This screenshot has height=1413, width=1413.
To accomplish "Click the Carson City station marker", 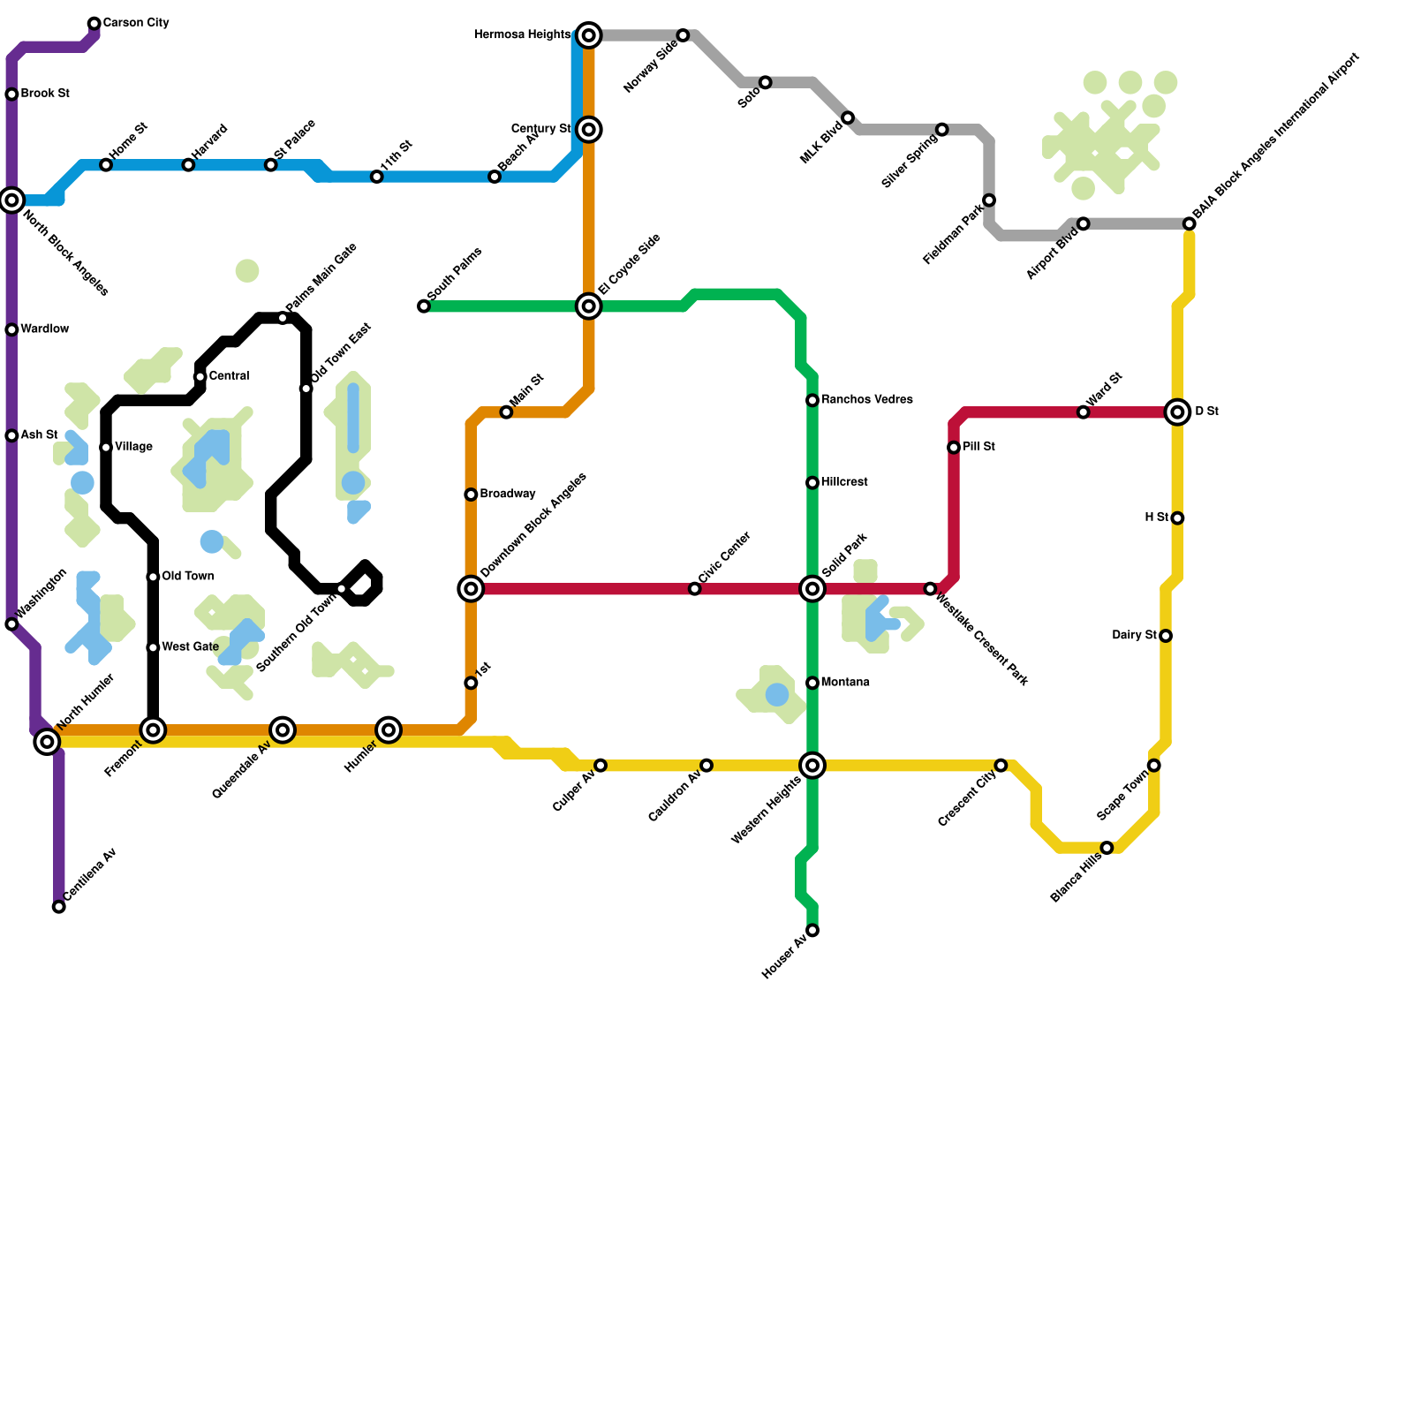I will click(x=94, y=24).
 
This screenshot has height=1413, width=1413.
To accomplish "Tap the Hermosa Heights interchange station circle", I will click(x=589, y=35).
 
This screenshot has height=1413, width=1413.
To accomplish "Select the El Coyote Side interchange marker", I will click(x=589, y=306).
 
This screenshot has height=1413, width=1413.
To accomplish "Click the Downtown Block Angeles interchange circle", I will click(x=472, y=588).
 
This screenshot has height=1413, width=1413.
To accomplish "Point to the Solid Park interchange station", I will click(x=812, y=588).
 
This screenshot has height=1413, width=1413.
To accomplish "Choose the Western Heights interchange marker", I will click(x=812, y=765).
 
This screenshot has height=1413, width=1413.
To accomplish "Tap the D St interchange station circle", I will click(x=1177, y=412).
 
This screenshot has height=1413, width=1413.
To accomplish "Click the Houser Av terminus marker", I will click(x=812, y=931).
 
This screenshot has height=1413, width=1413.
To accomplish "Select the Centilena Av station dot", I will click(x=59, y=907).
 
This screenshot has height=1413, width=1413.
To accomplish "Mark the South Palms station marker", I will click(x=424, y=306).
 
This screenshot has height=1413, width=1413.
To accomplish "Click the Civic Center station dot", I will click(x=695, y=589).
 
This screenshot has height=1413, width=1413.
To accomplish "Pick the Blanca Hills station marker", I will click(x=1107, y=848).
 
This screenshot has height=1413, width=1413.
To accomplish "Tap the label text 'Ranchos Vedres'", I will click(x=866, y=400).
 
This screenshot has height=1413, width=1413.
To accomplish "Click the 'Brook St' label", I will click(x=45, y=94).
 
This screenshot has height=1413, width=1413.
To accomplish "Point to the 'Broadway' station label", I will click(x=508, y=494).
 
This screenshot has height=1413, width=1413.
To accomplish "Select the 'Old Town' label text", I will click(x=187, y=577).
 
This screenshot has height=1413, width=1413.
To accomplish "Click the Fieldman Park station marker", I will click(x=989, y=200).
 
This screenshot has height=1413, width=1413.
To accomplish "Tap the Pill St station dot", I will click(x=954, y=448).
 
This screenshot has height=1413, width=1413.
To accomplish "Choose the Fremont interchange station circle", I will click(x=154, y=730).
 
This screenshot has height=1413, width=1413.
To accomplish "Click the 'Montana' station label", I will click(x=845, y=683).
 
